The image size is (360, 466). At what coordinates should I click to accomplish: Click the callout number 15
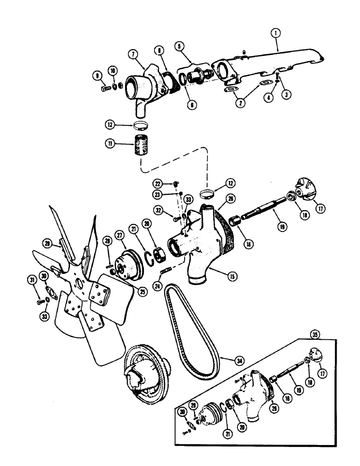pyautogui.click(x=232, y=275)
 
